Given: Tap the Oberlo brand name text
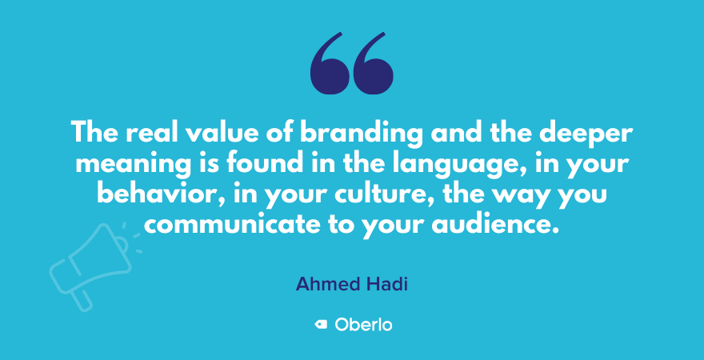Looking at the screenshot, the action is tap(363, 325).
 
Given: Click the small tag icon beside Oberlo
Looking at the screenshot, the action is tap(321, 325).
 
